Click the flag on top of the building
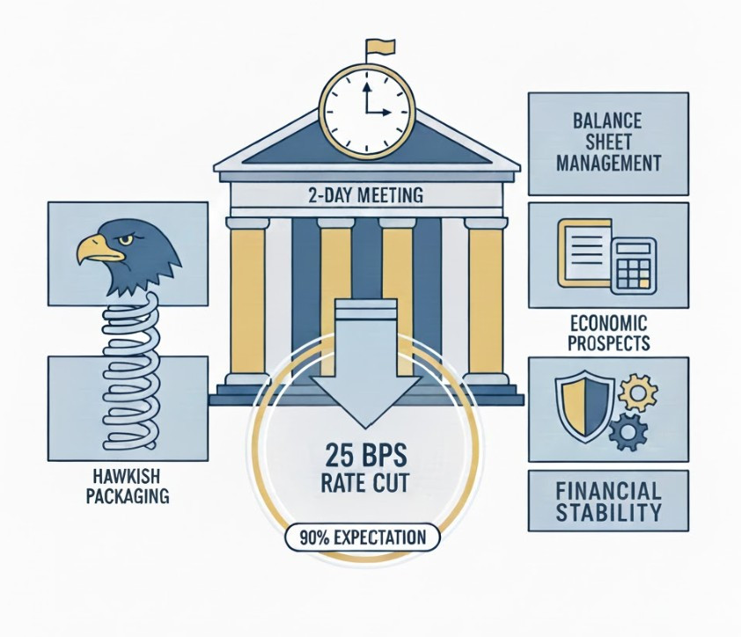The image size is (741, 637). (x=379, y=48)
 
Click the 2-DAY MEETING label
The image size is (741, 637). (x=366, y=195)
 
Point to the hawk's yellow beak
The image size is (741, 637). (x=99, y=249)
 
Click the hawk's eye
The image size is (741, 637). (x=126, y=240)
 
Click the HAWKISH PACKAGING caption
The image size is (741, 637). (x=128, y=486)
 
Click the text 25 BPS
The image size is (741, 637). (x=366, y=456)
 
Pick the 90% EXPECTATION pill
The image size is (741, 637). (x=363, y=538)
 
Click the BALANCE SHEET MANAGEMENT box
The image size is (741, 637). (x=608, y=143)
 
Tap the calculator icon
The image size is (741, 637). (x=634, y=266)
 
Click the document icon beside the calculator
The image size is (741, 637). (x=585, y=253)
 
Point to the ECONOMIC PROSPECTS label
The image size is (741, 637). (x=608, y=333)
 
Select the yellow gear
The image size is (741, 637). (x=637, y=392)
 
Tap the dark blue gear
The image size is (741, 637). (x=628, y=431)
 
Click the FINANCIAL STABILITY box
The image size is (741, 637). (x=608, y=501)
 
